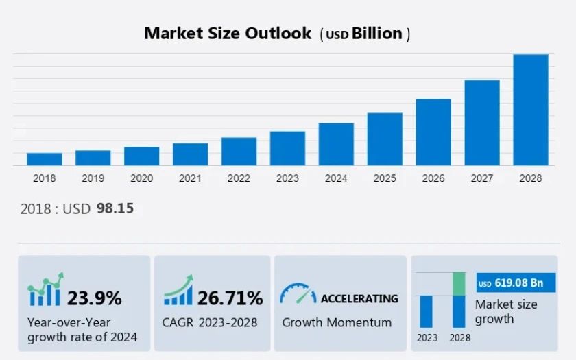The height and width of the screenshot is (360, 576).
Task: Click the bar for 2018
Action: point(45,159)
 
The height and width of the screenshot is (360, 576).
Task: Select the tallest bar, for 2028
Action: point(531,110)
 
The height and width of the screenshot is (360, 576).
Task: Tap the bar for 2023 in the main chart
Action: point(287,148)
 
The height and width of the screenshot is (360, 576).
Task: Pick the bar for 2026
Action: point(433,132)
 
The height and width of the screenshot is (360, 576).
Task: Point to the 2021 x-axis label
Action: point(190,178)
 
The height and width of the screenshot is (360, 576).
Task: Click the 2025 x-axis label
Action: point(385,178)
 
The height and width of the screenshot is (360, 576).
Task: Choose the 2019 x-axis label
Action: point(93,178)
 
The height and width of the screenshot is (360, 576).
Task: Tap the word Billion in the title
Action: point(377,34)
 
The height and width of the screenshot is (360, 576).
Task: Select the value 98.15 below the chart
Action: point(115,208)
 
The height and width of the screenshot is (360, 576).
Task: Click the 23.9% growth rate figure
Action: point(94,298)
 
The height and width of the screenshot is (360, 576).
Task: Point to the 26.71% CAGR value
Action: point(230,298)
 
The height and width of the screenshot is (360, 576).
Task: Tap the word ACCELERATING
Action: point(359,298)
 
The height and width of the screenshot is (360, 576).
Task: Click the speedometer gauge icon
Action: point(298,294)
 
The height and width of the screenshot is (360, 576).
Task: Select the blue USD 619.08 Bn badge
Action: point(516,283)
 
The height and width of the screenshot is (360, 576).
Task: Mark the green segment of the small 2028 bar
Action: point(459,284)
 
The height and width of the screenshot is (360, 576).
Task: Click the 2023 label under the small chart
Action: point(427,338)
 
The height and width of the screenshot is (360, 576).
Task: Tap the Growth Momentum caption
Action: point(337,322)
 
